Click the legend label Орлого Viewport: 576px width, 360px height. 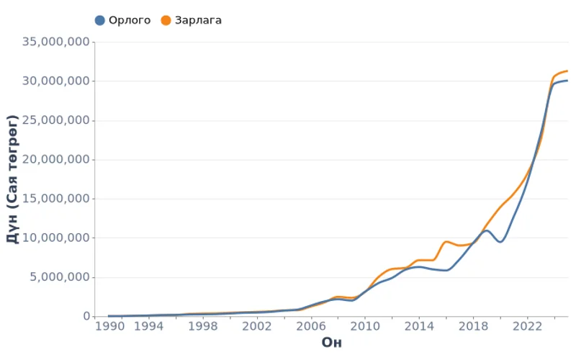130,20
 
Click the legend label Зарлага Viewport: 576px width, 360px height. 197,20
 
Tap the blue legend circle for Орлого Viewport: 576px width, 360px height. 100,20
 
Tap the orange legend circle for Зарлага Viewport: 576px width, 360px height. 166,20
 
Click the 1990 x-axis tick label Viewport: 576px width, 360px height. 109,325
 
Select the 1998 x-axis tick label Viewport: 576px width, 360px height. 202,325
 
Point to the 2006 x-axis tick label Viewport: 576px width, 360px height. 310,325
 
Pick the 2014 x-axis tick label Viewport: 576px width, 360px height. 418,325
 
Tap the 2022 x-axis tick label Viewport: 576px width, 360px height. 526,325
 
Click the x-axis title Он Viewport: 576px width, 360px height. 331,342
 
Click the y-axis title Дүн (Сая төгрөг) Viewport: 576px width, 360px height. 12,179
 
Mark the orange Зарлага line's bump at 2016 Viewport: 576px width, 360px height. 446,241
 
